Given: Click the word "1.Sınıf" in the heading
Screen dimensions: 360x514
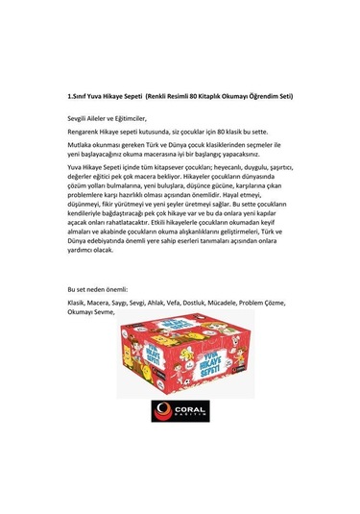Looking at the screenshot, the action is coord(78,96).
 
